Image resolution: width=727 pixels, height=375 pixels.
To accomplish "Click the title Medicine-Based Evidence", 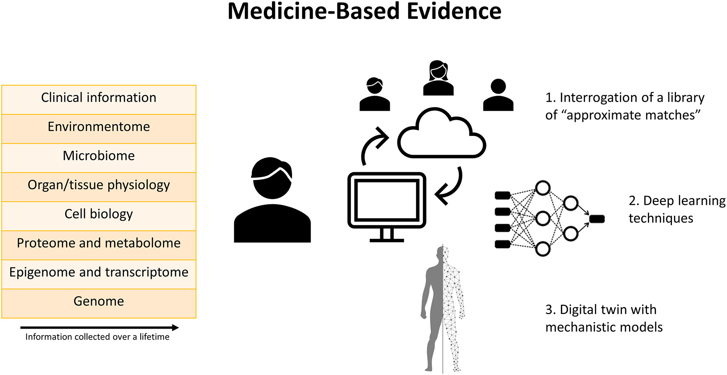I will point(364,11).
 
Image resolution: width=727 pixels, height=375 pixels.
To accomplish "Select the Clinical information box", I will point(99,100).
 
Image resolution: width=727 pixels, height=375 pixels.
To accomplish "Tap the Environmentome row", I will point(99,129).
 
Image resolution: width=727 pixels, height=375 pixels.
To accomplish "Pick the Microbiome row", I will point(99,158).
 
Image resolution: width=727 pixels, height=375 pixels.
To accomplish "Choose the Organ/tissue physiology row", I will point(99,187).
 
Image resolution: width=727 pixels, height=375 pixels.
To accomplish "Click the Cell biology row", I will point(99,216).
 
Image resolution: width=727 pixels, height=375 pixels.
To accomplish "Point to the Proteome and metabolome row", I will point(99,245).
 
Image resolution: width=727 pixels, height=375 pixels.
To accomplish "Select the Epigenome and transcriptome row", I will point(99,274).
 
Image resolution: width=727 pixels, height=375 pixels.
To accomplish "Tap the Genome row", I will point(99,304).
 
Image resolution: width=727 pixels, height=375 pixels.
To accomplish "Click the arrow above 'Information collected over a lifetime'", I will point(100,327).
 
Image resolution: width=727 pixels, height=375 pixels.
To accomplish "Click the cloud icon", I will point(441,135).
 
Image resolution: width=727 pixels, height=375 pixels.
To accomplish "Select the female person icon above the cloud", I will point(438,78).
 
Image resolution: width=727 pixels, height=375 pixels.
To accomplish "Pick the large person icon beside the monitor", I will point(272,201).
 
